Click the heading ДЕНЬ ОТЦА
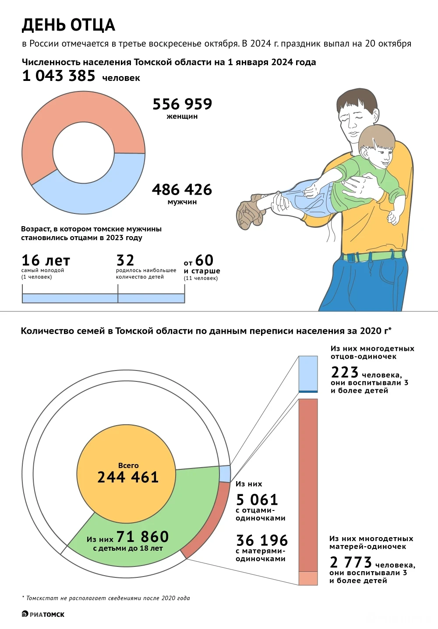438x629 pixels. coord(68,25)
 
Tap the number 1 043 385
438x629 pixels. coord(59,76)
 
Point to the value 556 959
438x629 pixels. coord(182,104)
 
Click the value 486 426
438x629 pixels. coord(182,190)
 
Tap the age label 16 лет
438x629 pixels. coord(46,261)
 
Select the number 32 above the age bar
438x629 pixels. coord(125,261)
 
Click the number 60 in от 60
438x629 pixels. coord(204,261)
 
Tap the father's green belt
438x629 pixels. coord(372,255)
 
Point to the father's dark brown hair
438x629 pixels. coord(357,101)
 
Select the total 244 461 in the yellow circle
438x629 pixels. coord(127,477)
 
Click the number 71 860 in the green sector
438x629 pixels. coord(142,537)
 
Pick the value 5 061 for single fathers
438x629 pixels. coord(257,500)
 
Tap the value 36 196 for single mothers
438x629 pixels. coord(261,540)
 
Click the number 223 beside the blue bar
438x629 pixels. coord(345,372)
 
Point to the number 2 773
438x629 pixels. coord(350,562)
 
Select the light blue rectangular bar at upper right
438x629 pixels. coord(308,373)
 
